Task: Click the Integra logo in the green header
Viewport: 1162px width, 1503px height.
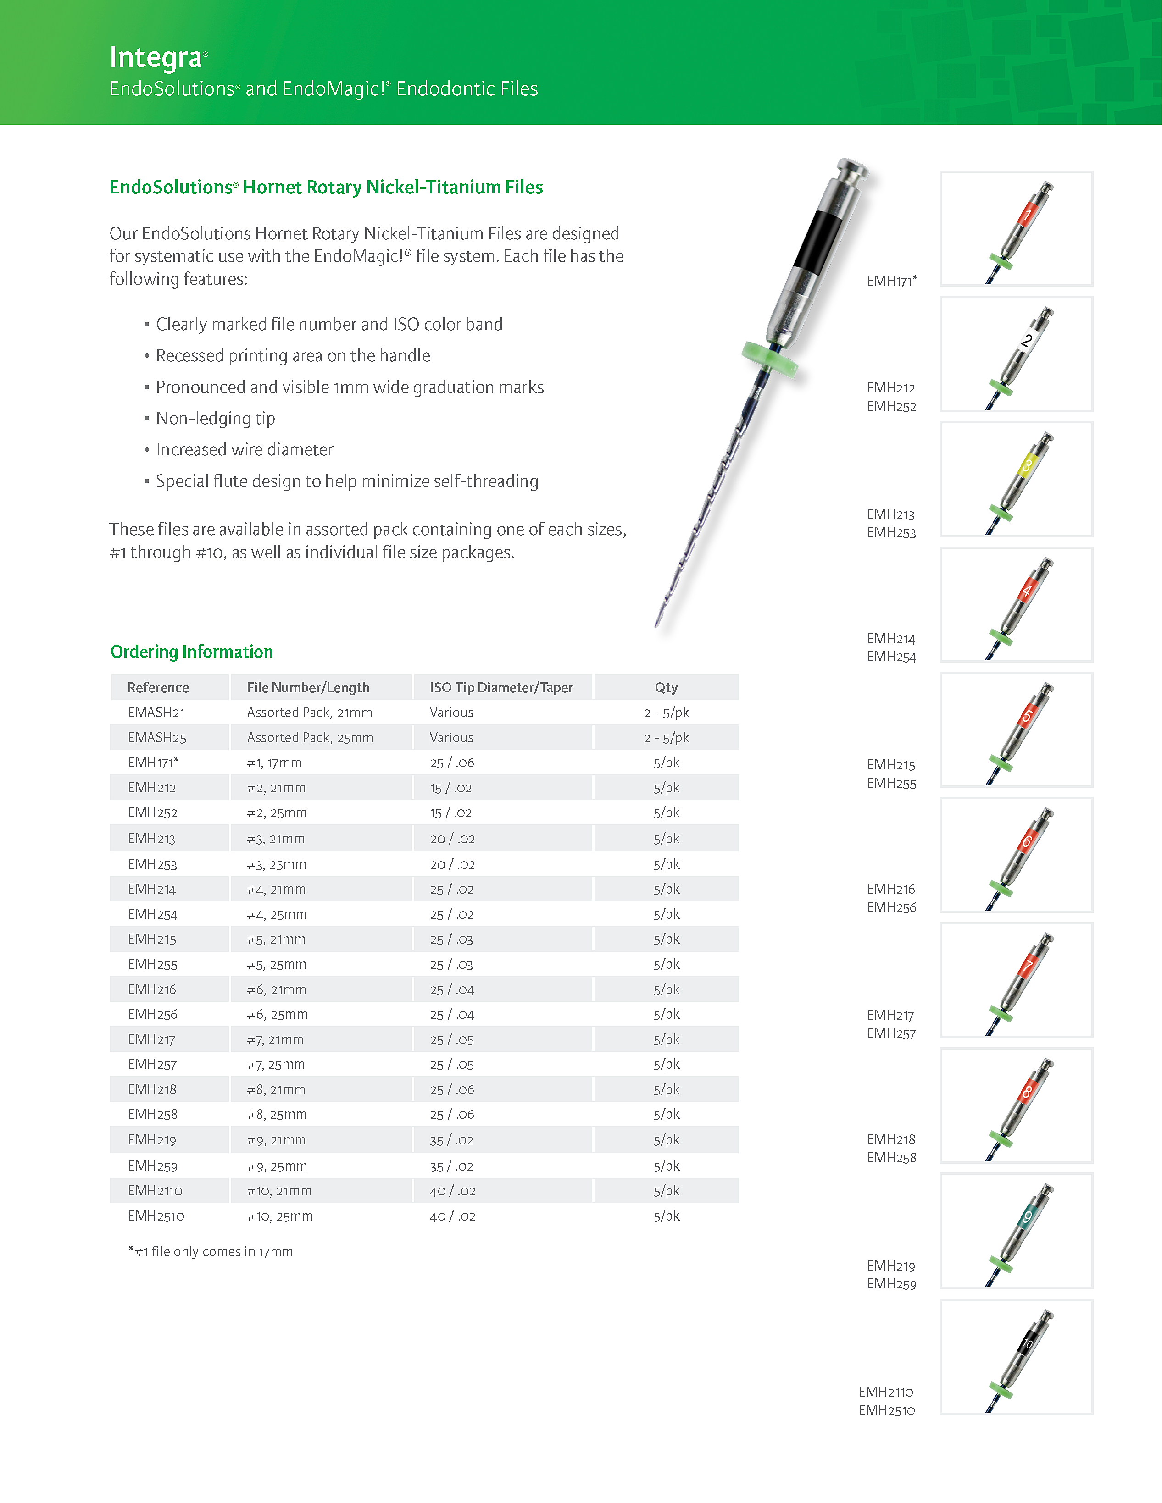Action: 157,58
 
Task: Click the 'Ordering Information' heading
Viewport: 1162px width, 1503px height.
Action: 191,651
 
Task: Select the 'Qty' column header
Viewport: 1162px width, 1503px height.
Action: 666,687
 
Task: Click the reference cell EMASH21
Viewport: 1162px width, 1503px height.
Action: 156,712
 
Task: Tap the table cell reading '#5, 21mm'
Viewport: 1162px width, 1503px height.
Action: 276,939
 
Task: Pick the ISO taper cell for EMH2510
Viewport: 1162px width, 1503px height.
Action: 452,1216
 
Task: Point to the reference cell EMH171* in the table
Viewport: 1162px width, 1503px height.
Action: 153,763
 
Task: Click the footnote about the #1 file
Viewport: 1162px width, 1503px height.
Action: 211,1251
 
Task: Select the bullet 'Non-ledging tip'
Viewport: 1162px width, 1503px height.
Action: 216,419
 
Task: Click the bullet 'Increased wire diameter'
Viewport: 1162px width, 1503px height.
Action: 245,449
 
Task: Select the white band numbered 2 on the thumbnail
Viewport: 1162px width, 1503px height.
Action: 1027,340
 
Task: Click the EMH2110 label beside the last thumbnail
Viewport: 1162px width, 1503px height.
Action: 885,1392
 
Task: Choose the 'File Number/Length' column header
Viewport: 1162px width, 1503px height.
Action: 308,687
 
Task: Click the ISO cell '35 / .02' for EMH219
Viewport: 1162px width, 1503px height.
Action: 452,1140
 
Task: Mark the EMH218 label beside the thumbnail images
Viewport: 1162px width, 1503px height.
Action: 891,1139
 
